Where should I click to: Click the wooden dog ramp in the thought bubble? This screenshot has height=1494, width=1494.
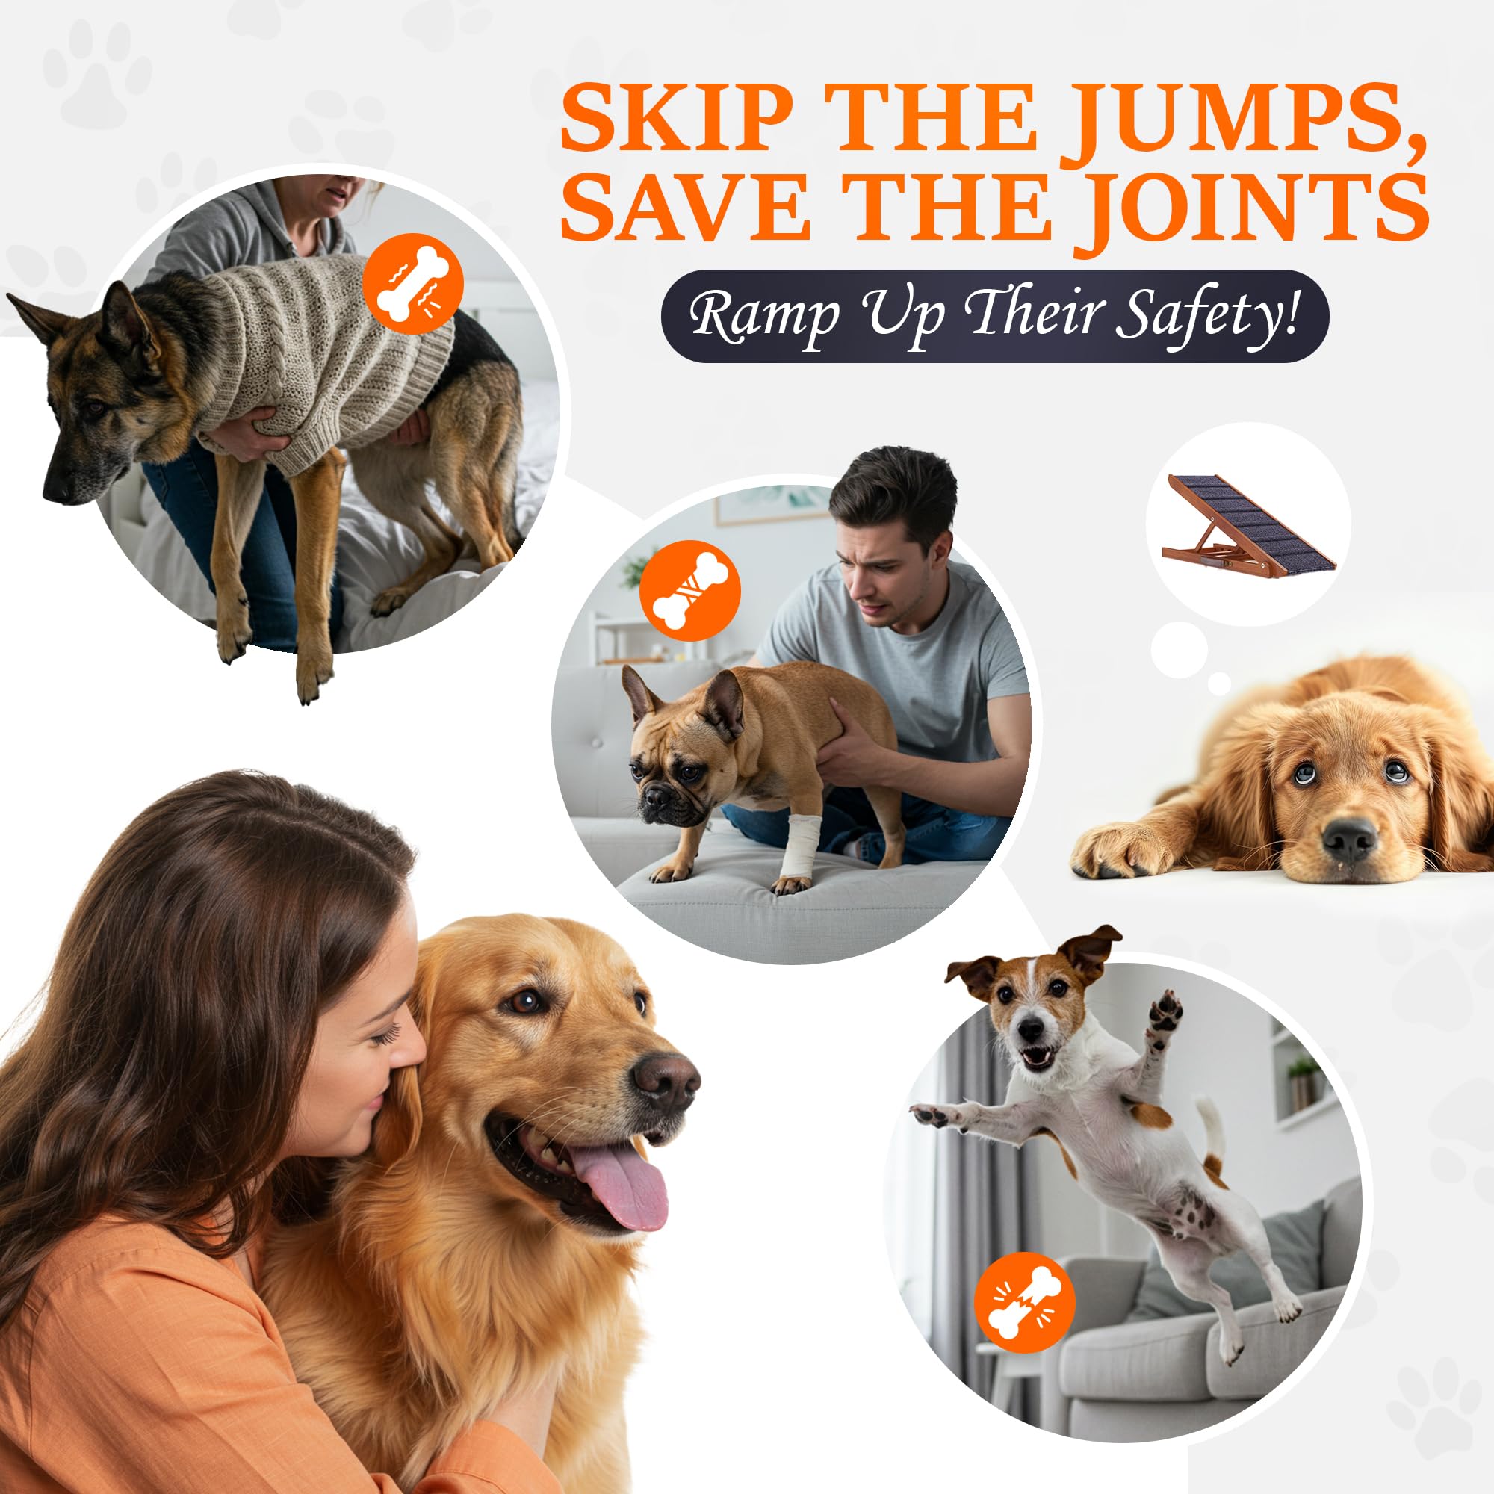(1248, 524)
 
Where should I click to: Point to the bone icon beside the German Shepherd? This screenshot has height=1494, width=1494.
(413, 284)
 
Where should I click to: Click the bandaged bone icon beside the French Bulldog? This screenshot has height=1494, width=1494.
(689, 590)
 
